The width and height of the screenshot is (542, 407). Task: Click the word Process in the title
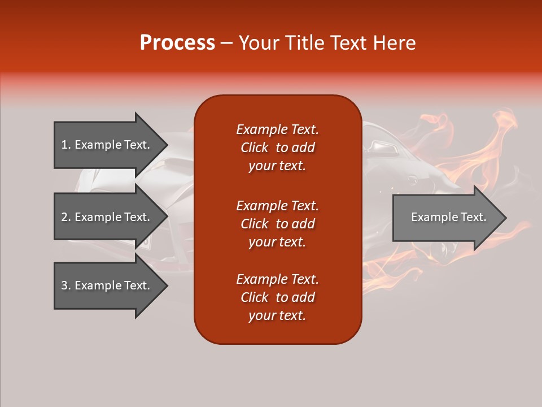177,43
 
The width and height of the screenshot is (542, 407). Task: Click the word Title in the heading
304,43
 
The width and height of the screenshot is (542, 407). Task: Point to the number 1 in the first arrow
64,145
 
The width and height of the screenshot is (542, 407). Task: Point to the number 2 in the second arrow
64,217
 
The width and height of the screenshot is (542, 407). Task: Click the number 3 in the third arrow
64,286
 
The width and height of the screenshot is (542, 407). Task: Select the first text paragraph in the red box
277,148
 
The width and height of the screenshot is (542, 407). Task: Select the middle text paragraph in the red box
277,224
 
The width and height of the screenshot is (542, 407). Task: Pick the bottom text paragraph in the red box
277,297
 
